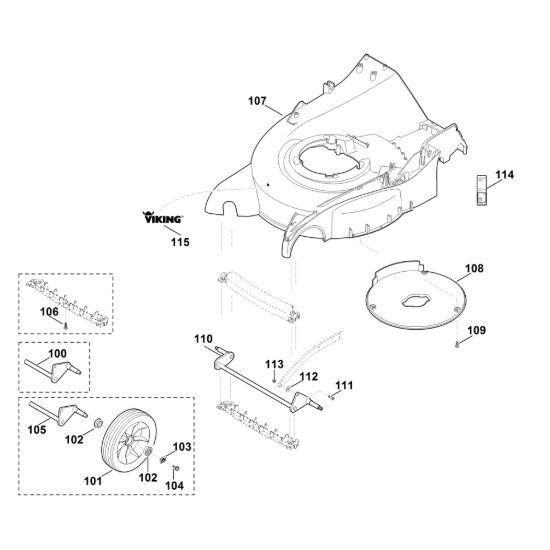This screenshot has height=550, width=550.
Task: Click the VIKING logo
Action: tap(162, 217)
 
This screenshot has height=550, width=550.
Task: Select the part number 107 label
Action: tap(257, 101)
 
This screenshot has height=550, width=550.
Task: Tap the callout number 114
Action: tap(504, 175)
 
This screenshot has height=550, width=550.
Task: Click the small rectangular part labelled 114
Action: tap(481, 190)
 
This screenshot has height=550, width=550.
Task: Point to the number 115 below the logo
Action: tap(180, 242)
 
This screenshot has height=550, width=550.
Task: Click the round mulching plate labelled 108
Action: tap(415, 295)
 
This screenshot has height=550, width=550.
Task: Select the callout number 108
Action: tap(474, 268)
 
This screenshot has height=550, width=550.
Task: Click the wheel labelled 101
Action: tap(126, 441)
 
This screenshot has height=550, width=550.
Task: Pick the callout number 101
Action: tap(93, 481)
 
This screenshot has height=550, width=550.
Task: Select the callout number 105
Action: tap(37, 429)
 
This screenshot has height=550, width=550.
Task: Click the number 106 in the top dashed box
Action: tap(49, 311)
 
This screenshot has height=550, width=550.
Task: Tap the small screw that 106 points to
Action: tap(65, 326)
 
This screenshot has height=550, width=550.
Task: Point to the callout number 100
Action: tap(57, 353)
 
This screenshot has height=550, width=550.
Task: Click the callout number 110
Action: tap(203, 339)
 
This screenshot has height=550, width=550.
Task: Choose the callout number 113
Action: tap(274, 364)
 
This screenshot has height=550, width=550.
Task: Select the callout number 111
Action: tap(344, 385)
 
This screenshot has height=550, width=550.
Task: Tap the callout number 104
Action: tap(174, 485)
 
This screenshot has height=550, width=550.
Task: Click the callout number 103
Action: tap(182, 447)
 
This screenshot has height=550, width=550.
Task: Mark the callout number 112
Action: tap(309, 376)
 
